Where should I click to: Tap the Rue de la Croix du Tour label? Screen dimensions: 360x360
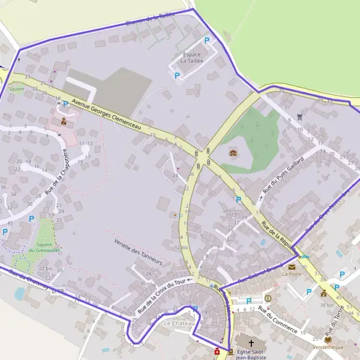coord(162,294)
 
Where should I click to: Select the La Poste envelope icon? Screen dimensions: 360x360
coord(292,266)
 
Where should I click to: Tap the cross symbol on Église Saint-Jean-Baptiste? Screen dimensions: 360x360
coord(251,343)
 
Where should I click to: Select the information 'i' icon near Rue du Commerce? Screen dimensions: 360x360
coord(268,298)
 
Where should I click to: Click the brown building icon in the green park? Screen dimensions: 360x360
coord(233,153)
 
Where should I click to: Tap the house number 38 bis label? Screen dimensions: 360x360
coord(326,305)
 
